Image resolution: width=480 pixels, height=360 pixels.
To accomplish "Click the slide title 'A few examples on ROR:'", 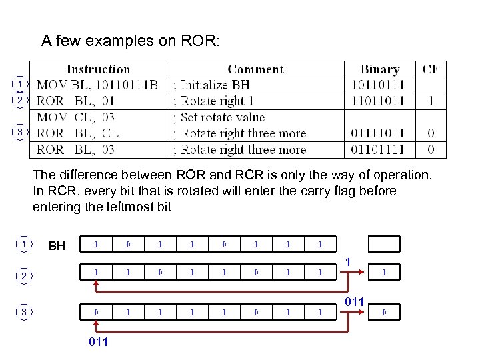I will [130, 41].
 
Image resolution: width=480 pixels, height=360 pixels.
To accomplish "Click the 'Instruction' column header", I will [98, 69].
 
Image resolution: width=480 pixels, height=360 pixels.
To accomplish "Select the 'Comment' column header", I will [255, 69].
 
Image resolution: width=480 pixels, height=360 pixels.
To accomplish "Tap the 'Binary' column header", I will [379, 69].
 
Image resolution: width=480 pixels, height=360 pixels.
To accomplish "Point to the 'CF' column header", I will [431, 69].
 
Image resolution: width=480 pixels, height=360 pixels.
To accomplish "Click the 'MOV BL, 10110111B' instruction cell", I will [97, 85].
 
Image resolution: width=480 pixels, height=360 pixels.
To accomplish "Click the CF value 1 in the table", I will [431, 101].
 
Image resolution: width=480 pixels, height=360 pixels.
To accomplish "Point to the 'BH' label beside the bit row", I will [57, 247].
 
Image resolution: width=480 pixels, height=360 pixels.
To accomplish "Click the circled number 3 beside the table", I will [20, 132].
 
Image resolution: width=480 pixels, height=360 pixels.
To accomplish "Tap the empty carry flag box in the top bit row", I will [383, 244].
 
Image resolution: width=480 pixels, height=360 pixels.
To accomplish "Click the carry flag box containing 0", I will [383, 311].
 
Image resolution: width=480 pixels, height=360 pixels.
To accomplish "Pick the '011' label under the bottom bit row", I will [98, 343].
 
